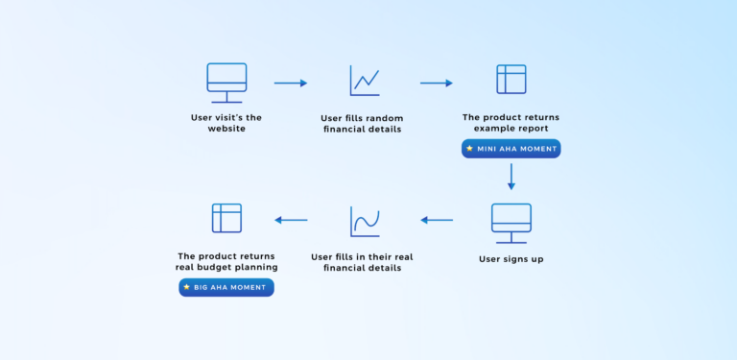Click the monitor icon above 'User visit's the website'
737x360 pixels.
click(x=226, y=83)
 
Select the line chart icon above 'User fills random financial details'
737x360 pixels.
click(x=365, y=81)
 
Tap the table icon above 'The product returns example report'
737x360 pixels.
click(x=511, y=80)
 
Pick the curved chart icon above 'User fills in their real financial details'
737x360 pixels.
click(x=365, y=222)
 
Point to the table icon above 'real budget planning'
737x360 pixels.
click(x=226, y=218)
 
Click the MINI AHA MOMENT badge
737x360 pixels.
click(x=511, y=149)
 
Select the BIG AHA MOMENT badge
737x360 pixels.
click(x=226, y=287)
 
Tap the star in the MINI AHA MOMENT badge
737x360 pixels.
click(x=469, y=149)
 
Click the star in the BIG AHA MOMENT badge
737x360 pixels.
click(x=186, y=287)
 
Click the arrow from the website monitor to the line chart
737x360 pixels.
click(x=291, y=84)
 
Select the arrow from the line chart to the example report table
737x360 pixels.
click(x=437, y=84)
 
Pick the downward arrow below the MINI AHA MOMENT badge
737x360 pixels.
click(x=511, y=177)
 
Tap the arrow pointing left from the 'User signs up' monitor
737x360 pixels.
click(x=437, y=220)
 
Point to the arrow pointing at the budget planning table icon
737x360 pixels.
click(x=291, y=220)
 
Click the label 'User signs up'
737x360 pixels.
click(x=511, y=259)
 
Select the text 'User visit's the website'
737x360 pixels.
click(x=226, y=123)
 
